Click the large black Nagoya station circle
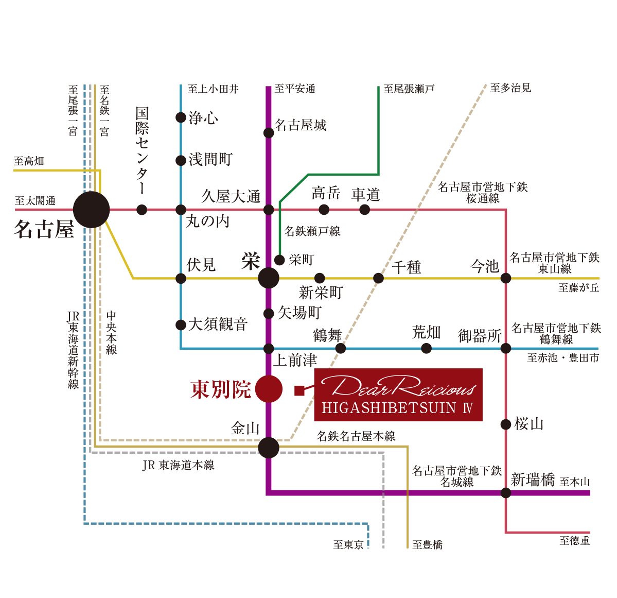pos(91,210)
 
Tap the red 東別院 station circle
pos(269,389)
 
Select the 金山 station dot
pos(269,448)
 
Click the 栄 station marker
pos(269,278)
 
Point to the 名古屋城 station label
pos(301,125)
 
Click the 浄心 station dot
pos(181,117)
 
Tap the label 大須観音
pos(218,324)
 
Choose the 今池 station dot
pos(506,278)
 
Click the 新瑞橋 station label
pos(533,480)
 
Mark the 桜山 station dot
pos(506,424)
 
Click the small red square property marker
pos(299,390)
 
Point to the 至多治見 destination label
pos(510,88)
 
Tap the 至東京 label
pos(348,545)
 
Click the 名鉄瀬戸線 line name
pos(312,231)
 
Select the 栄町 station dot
pos(279,260)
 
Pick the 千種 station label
pos(407,267)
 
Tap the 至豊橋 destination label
pos(427,545)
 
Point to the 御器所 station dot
pos(506,349)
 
